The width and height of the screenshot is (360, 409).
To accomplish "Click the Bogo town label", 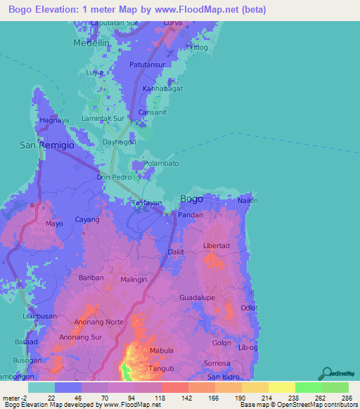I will (191, 199).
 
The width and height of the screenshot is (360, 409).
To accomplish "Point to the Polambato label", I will (162, 164).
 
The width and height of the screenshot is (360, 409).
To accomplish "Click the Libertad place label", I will (217, 245).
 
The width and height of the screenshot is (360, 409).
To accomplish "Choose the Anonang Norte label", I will (98, 323).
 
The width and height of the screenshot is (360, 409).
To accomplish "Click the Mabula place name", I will (161, 351).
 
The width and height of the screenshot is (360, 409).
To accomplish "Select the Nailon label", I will (247, 201).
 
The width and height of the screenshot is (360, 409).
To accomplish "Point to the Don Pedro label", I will (114, 178).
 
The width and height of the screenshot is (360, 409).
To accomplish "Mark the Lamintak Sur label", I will (103, 119).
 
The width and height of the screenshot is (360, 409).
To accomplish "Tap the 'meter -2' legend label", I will (14, 397).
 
